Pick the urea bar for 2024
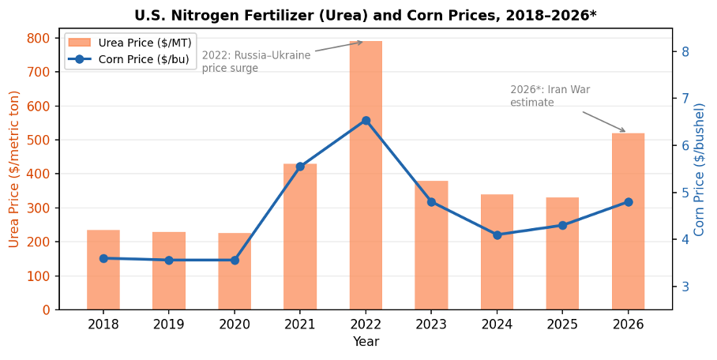click(x=497, y=252)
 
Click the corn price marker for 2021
click(x=300, y=167)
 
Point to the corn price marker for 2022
click(x=366, y=121)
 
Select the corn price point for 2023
click(x=431, y=202)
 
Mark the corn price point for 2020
click(x=235, y=260)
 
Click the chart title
click(x=366, y=15)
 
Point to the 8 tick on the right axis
click(x=685, y=52)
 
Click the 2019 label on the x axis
click(x=169, y=324)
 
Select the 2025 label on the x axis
click(x=562, y=324)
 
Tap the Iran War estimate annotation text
click(x=549, y=96)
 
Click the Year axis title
click(x=366, y=342)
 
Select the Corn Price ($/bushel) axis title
click(x=700, y=169)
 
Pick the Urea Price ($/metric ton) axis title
click(x=14, y=169)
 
